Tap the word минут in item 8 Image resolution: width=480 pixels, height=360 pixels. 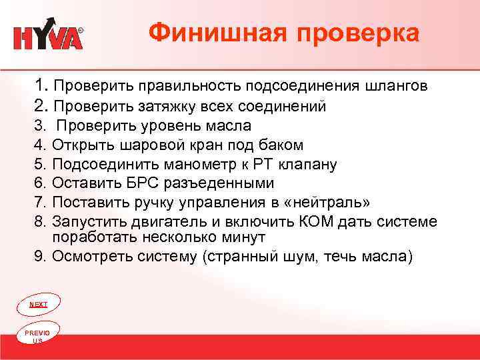[246, 237]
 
